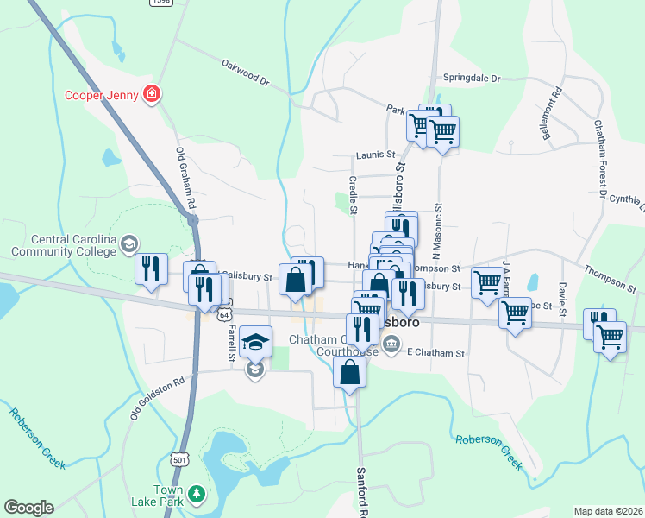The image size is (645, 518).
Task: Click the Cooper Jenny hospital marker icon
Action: (152, 93)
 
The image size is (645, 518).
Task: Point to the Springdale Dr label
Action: (472, 79)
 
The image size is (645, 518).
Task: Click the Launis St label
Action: (374, 155)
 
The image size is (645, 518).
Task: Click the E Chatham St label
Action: (435, 353)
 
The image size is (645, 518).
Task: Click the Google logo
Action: (28, 508)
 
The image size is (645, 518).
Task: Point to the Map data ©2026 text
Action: (607, 511)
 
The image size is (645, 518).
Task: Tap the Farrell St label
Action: (231, 343)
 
